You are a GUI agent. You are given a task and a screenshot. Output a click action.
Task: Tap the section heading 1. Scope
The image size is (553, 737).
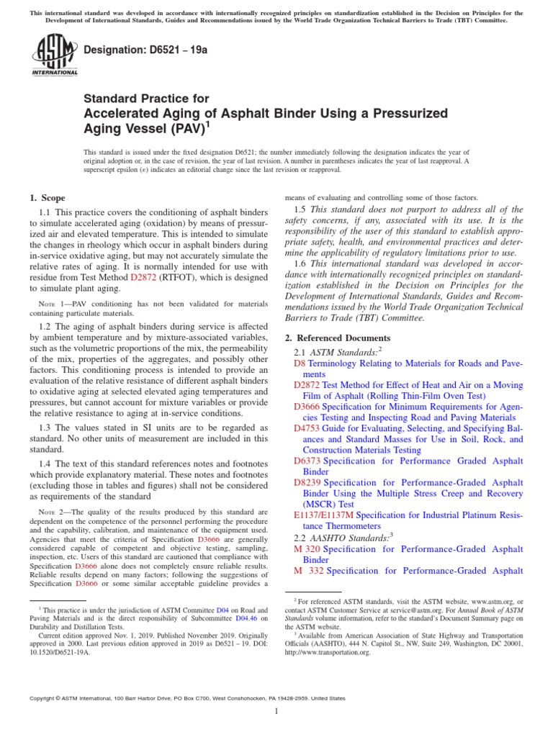(47, 198)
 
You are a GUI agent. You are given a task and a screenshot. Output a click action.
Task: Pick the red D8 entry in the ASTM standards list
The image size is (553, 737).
(300, 364)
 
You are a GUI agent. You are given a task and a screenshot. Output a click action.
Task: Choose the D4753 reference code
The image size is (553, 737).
(307, 428)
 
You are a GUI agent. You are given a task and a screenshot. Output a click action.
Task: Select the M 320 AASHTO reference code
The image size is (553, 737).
(307, 549)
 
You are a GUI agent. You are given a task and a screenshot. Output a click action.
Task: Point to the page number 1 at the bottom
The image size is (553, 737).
(276, 712)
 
